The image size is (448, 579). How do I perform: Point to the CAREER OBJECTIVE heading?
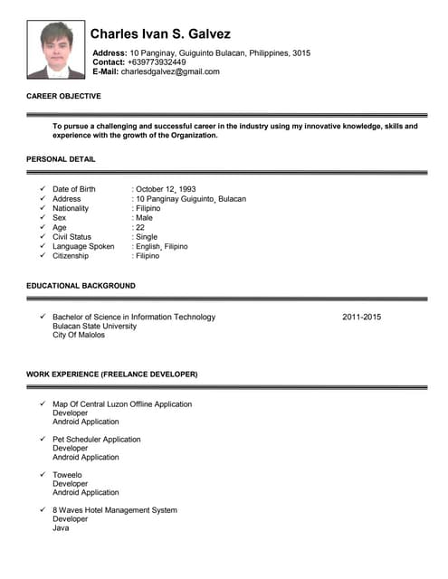[x=63, y=96]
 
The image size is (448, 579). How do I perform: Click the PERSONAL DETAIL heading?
[x=61, y=159]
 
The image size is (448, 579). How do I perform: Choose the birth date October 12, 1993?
[x=166, y=189]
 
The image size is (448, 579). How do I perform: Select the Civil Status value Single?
[x=146, y=237]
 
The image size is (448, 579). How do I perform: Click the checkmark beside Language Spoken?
[x=43, y=246]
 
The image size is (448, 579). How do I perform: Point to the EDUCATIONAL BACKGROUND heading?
[x=81, y=286]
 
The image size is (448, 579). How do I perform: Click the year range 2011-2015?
[x=362, y=317]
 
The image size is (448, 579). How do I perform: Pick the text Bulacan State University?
[x=94, y=326]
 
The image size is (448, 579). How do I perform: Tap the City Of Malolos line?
[x=79, y=335]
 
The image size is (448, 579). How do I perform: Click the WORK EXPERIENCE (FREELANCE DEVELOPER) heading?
[x=111, y=374]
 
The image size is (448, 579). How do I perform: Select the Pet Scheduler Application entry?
[x=97, y=439]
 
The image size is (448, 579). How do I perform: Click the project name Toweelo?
[x=67, y=474]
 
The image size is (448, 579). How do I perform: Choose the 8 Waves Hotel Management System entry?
[x=115, y=510]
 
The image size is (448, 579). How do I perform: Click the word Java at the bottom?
[x=61, y=528]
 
